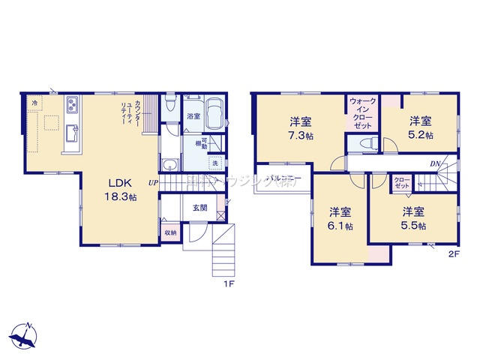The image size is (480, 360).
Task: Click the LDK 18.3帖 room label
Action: [121, 190]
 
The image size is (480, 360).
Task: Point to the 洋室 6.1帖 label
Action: [339, 218]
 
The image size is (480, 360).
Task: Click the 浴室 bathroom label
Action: [193, 116]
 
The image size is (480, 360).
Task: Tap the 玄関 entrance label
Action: [199, 208]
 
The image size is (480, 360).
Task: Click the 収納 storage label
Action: [170, 233]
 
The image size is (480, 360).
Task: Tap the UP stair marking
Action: [152, 182]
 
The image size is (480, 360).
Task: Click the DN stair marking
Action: [434, 163]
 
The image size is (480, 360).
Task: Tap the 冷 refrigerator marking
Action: [34, 100]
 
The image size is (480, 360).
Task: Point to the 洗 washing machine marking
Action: [214, 163]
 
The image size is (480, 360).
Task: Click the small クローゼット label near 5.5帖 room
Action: [403, 182]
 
